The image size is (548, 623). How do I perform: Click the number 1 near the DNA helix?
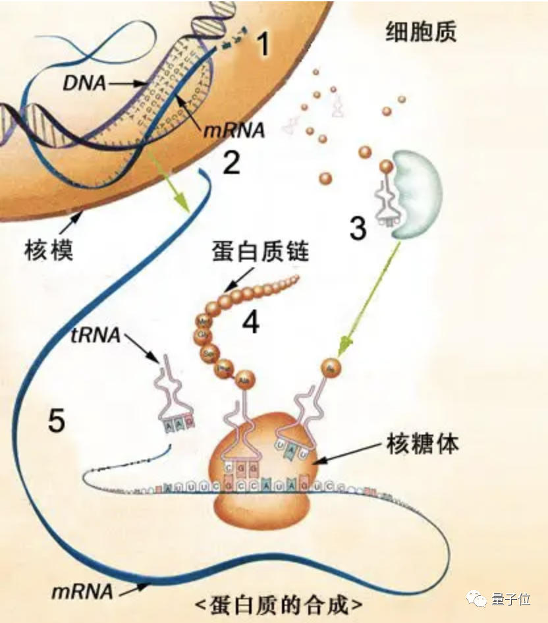263,45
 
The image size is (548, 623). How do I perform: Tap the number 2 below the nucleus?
231,163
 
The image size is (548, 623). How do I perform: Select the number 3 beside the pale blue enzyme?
358,228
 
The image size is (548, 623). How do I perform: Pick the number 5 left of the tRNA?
57,420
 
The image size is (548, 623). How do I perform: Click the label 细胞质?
420,32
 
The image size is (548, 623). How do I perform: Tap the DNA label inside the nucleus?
83,83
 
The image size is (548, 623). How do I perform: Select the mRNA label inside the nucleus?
234,130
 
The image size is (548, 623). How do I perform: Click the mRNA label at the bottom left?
82,591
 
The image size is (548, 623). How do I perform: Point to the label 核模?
48,250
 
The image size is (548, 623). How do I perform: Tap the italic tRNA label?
95,335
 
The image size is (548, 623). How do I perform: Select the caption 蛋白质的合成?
279,605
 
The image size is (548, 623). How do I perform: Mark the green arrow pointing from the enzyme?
372,297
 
